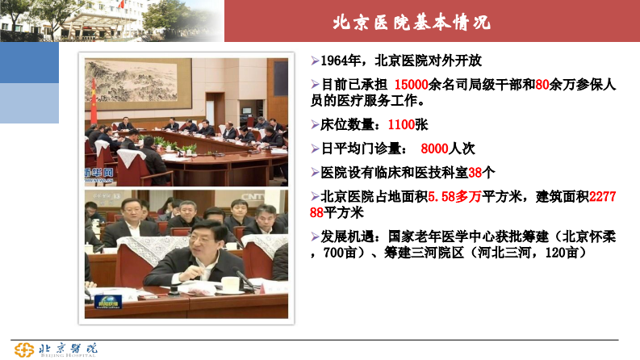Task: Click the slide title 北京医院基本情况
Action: tap(411, 22)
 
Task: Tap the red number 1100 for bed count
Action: tap(400, 125)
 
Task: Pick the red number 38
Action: tap(475, 173)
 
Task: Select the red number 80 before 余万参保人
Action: tap(542, 84)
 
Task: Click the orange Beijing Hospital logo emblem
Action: tap(24, 349)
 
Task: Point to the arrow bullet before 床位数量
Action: tap(316, 125)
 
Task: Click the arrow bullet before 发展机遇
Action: tap(316, 237)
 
